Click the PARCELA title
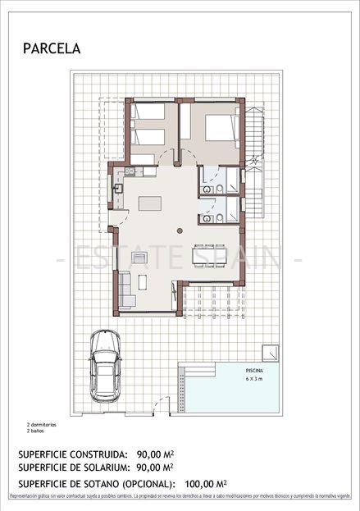[x=52, y=49]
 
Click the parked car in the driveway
[x=105, y=363]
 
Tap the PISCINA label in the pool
[x=254, y=371]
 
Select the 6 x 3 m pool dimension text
[x=255, y=381]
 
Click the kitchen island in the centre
[x=149, y=203]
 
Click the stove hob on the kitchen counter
[x=129, y=171]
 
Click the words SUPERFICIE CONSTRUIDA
[x=73, y=454]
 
